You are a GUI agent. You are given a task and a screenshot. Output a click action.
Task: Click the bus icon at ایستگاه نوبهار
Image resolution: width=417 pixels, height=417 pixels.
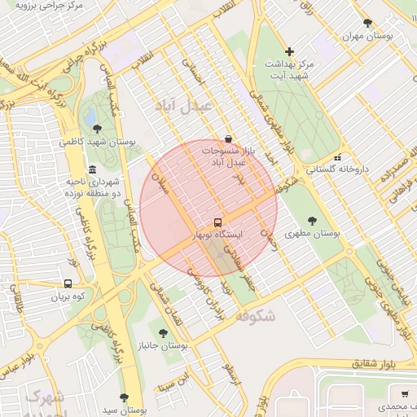(217, 222)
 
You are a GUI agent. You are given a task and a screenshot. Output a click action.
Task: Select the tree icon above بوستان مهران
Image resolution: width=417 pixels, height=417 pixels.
(367, 23)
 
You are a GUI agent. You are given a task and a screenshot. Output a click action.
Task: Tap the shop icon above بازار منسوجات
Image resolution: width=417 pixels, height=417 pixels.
(229, 138)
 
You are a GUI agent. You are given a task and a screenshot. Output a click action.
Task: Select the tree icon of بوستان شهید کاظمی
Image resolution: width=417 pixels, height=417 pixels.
(98, 128)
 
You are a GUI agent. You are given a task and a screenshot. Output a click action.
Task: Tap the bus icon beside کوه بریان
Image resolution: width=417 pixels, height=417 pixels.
(68, 284)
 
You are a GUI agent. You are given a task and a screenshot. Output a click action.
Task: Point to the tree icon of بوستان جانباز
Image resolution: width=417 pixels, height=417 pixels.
(163, 332)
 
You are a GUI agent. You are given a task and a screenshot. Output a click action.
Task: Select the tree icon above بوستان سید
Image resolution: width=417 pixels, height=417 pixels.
(124, 397)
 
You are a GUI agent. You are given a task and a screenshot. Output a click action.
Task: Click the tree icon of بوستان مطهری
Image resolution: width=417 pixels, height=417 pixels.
(314, 220)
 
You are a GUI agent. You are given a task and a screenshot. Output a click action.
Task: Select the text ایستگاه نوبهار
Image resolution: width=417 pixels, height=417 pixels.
(217, 235)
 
